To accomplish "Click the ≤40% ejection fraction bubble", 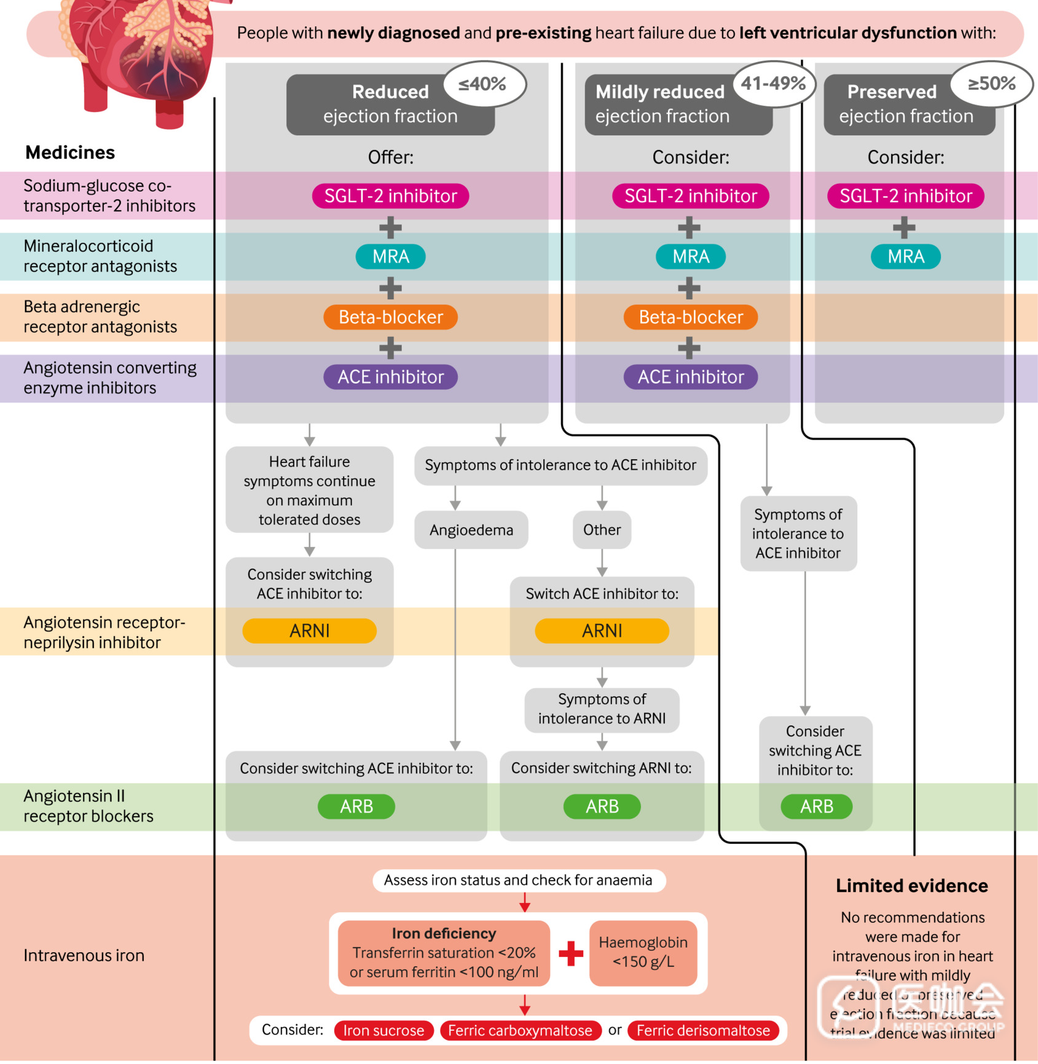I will [483, 84].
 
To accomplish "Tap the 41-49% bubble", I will [773, 84].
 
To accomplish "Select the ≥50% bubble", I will [991, 84].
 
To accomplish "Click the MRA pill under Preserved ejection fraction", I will [905, 257].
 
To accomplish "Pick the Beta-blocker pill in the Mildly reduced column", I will [690, 317].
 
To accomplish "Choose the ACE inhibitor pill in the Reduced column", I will [390, 377].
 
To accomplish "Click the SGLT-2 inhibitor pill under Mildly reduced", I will [690, 196].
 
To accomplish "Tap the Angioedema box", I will [471, 530].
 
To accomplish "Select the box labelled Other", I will [602, 530].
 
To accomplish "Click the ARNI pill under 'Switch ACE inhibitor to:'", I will [602, 631].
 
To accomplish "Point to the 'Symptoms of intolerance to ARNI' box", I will [602, 709].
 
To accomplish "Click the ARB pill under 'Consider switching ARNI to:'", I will [602, 806].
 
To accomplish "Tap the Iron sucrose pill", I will [383, 1031].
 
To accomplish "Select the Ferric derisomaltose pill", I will [703, 1031].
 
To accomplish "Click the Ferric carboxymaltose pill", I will [520, 1031].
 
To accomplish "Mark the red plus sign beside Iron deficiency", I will [570, 953].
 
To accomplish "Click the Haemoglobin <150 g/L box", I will [643, 953].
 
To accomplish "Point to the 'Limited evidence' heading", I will [911, 886].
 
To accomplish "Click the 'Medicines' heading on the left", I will [70, 152].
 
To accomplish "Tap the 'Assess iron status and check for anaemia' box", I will [518, 880].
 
